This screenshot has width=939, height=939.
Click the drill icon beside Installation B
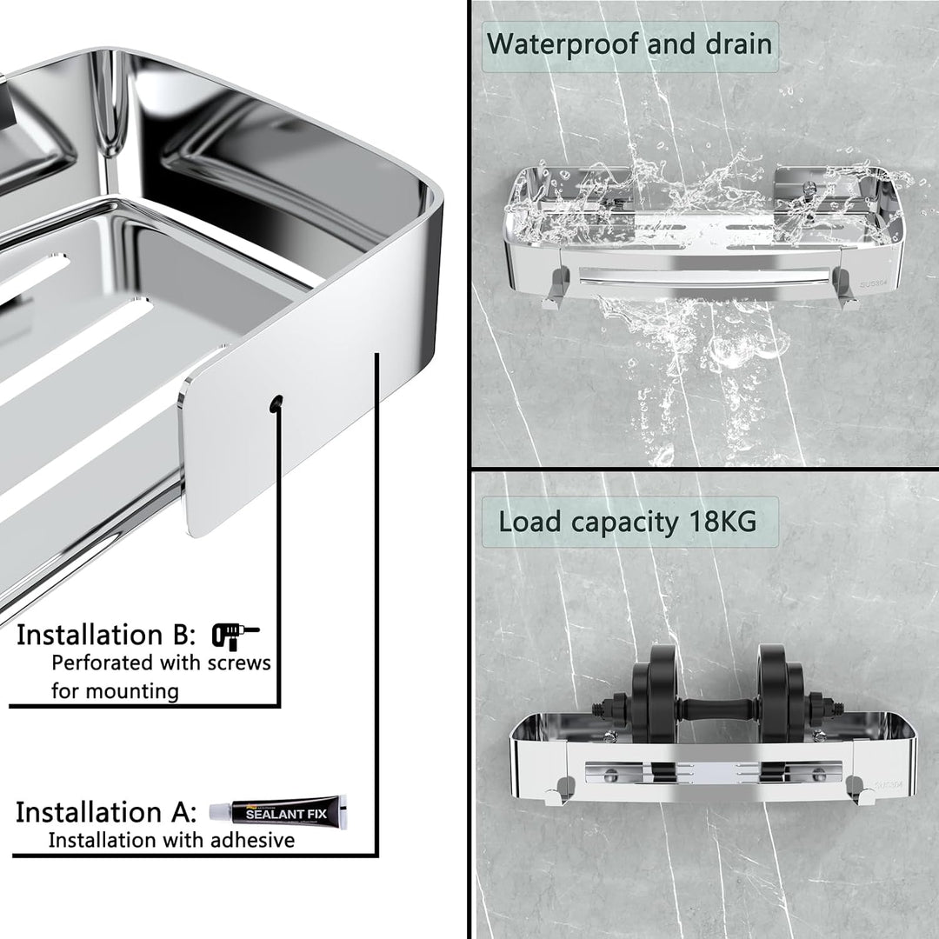click(x=236, y=636)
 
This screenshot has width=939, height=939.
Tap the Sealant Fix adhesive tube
click(x=278, y=813)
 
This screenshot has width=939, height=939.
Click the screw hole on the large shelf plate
click(x=276, y=404)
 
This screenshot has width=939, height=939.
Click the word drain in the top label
click(x=738, y=44)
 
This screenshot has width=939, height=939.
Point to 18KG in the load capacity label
click(x=723, y=522)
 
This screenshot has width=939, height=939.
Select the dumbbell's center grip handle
click(x=719, y=709)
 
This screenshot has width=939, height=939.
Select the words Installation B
click(x=106, y=636)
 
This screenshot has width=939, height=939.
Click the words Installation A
click(x=106, y=813)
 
